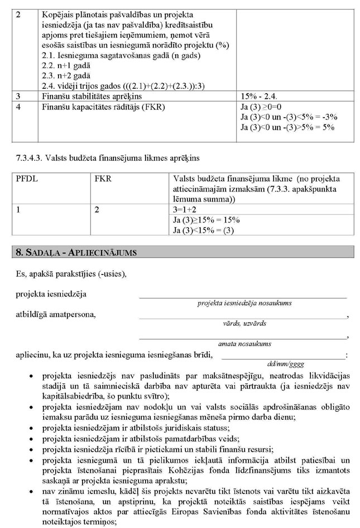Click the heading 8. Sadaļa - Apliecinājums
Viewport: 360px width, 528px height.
[x=76, y=252]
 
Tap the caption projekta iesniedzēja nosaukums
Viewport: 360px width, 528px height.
[x=244, y=303]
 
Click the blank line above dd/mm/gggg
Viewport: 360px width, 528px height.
[x=283, y=356]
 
